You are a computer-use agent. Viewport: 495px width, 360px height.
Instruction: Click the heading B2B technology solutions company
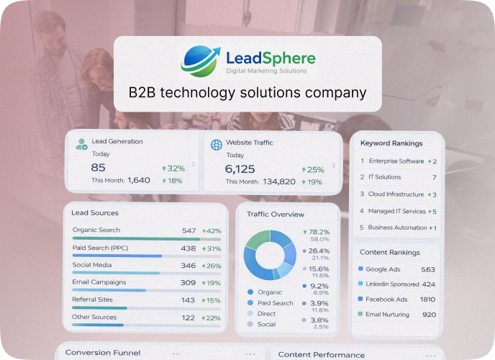[x=247, y=93]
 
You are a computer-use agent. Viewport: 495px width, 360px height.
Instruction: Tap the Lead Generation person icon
[x=81, y=144]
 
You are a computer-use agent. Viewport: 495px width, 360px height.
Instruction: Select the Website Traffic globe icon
[x=216, y=145]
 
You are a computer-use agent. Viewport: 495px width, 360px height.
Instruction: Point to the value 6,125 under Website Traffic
[x=240, y=168]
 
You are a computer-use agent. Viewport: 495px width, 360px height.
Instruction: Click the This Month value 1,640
[x=139, y=181]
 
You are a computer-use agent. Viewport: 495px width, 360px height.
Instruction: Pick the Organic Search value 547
[x=189, y=230]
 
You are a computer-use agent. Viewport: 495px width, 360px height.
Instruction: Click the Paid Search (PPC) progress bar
[x=117, y=256]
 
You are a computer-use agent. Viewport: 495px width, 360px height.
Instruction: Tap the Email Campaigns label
[x=99, y=282]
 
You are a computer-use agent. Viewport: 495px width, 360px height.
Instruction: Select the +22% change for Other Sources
[x=212, y=318]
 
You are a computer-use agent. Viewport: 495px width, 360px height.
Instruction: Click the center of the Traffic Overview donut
[x=269, y=255]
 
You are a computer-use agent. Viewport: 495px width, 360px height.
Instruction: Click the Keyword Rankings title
[x=391, y=143]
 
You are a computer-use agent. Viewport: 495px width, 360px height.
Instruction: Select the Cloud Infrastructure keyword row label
[x=396, y=194]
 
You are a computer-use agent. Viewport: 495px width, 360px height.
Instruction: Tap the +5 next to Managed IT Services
[x=432, y=212]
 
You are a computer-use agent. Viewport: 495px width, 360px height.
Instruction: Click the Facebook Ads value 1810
[x=427, y=300]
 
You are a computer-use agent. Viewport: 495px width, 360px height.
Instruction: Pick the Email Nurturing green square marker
[x=360, y=315]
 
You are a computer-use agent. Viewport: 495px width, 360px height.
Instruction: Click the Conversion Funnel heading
[x=103, y=353]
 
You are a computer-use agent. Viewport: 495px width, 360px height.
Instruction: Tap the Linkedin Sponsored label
[x=392, y=284]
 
